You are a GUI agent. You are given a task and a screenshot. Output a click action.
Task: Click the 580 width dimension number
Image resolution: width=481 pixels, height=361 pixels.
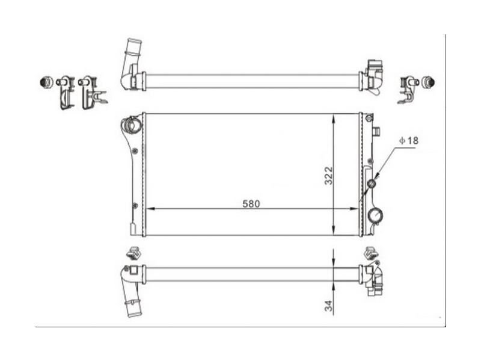pos(251,203)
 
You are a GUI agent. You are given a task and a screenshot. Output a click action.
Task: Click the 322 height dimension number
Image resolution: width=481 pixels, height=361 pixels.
pos(329,175)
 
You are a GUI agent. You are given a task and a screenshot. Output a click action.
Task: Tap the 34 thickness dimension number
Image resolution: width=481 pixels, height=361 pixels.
pos(329,306)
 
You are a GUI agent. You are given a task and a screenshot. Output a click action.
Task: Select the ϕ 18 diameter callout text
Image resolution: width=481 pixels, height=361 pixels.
pos(408,140)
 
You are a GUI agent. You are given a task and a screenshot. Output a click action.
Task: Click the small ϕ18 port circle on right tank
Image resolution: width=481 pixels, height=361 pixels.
pos(372,184)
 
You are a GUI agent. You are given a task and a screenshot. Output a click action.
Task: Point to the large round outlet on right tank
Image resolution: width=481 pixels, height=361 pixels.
pos(375,215)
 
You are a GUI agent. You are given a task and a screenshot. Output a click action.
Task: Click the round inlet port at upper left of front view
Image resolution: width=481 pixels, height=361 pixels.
pos(131,126)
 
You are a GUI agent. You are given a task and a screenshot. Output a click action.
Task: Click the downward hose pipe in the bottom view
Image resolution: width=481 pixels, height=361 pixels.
pos(131,298)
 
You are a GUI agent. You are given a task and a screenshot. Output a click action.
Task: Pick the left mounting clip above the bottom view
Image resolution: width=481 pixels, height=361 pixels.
pos(133,253)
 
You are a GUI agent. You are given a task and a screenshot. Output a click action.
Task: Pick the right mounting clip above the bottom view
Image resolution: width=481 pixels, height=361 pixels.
pos(370,253)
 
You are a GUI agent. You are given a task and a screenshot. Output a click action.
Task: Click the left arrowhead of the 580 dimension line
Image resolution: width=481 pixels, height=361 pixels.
pos(150,209)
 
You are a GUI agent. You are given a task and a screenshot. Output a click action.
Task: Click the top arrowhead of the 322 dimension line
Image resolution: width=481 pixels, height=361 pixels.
pos(334,118)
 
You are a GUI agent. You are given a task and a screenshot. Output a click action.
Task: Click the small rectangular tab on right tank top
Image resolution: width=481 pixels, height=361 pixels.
pos(377,131)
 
